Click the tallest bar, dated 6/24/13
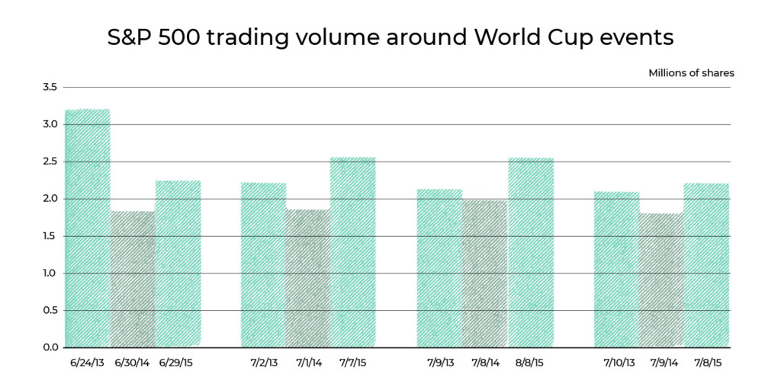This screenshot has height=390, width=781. click(88, 229)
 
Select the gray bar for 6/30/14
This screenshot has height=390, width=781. click(133, 279)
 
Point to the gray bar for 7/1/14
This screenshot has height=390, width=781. click(307, 278)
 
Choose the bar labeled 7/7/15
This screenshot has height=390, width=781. click(352, 252)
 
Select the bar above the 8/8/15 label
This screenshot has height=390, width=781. click(530, 252)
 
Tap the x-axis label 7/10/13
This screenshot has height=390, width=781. click(618, 363)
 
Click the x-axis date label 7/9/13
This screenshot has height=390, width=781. click(439, 363)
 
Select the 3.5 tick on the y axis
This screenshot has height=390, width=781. click(50, 88)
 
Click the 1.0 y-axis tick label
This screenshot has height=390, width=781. click(50, 273)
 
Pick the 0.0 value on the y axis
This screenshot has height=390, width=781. click(50, 347)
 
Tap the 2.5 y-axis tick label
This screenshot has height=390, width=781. click(50, 161)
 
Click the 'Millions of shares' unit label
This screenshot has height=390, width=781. click(691, 73)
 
